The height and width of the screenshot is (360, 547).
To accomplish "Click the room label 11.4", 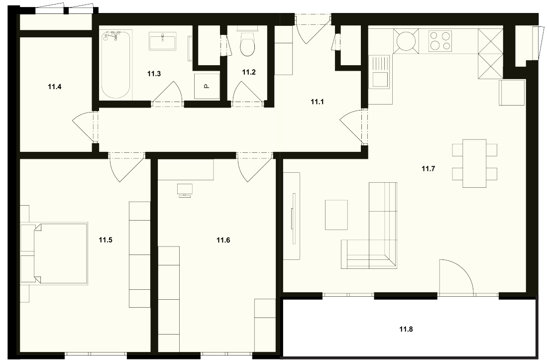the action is (55, 87).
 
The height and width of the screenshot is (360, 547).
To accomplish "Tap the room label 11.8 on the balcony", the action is (406, 329).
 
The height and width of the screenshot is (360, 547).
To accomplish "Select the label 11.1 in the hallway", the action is (318, 102).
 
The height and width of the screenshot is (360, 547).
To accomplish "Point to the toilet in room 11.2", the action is (247, 42).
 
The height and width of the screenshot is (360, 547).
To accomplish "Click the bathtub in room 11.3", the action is (116, 65).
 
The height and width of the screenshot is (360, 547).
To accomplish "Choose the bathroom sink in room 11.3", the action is (163, 41).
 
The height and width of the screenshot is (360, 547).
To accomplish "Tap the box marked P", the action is (207, 86).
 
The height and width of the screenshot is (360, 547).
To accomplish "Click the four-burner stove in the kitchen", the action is (440, 41).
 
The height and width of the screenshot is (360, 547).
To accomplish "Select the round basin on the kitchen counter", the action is (406, 41).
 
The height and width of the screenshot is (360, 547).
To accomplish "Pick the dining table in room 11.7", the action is (475, 163).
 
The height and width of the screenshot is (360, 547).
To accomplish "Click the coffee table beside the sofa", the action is (336, 215).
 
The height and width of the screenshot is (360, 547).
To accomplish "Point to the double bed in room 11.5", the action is (54, 253).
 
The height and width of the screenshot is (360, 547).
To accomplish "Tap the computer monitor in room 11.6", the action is (185, 191).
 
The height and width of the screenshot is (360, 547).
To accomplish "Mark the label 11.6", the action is (223, 240).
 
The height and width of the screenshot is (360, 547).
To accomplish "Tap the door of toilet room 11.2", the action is (247, 93).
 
